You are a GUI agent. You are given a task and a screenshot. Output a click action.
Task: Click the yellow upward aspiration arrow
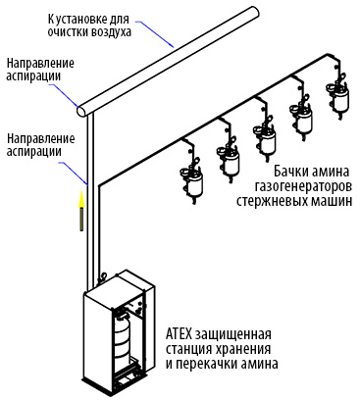(81, 211)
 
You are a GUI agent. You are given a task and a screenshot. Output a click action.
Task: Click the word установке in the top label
(79, 19)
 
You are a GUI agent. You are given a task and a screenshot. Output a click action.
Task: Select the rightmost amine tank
(337, 95)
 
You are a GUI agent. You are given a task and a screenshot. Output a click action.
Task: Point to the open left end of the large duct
(82, 111)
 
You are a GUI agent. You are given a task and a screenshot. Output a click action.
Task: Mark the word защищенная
(233, 335)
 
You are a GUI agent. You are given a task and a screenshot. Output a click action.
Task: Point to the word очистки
(67, 32)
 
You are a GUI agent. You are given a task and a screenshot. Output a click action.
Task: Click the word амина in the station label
(259, 364)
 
